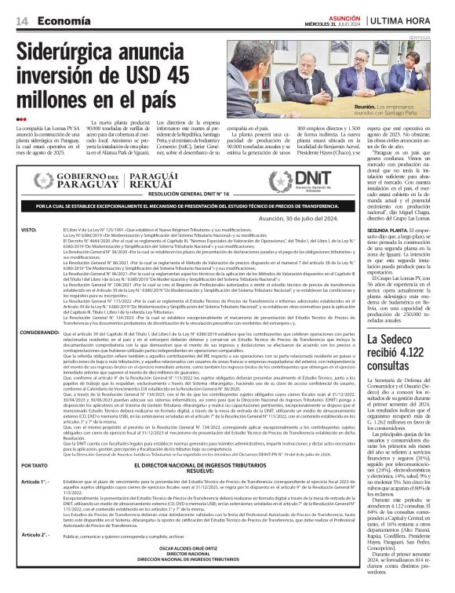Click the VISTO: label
click(29, 230)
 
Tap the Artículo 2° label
click(35, 533)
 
